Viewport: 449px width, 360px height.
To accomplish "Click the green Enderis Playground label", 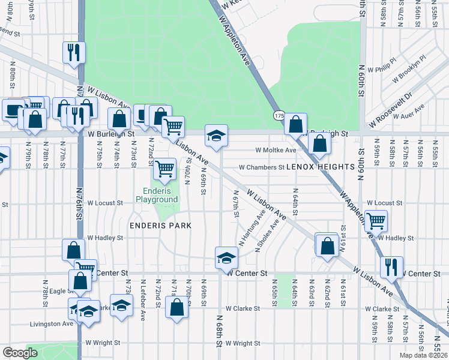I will coord(157,195).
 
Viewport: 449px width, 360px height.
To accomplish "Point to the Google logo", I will coord(20,352).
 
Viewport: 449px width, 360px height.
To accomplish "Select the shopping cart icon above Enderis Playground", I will coord(164,169).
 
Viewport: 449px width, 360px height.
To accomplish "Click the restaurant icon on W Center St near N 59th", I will coord(391,266).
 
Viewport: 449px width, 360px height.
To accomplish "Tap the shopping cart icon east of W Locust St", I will coord(376,220).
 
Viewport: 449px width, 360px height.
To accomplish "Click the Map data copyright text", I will coord(424,354).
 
